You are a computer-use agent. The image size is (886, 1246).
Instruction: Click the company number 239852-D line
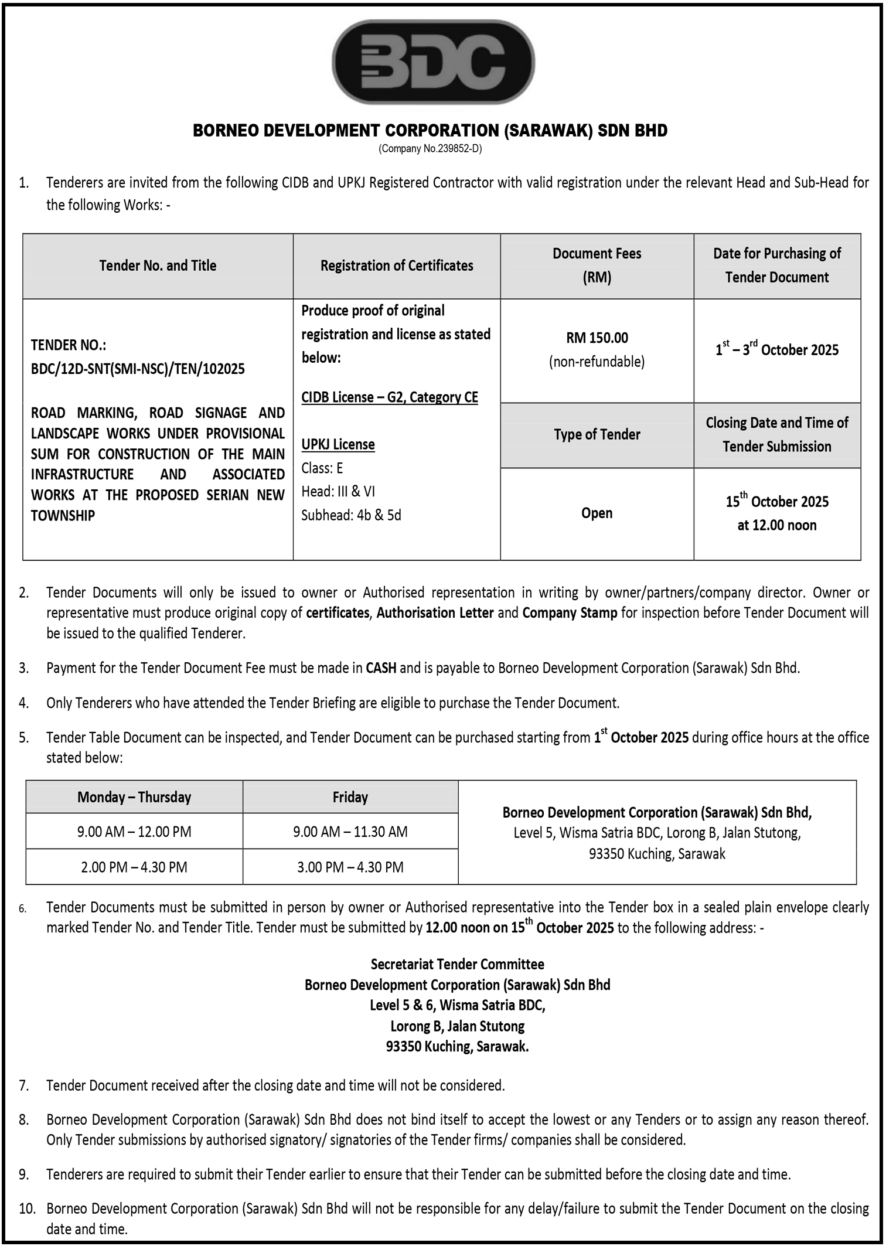pos(430,149)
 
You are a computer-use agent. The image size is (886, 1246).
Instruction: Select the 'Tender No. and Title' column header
pos(158,265)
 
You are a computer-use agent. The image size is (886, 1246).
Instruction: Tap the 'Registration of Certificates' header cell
pos(397,265)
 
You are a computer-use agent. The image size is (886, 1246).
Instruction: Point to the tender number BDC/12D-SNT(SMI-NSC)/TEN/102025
pos(138,369)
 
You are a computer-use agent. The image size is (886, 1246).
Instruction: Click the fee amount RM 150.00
pos(597,338)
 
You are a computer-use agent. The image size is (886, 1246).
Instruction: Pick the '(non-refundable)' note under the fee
pos(597,362)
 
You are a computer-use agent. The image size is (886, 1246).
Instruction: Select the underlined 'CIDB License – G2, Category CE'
pos(390,397)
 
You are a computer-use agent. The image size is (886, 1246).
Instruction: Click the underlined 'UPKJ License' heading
pos(338,444)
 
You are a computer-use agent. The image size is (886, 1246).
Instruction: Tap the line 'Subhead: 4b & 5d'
pos(351,515)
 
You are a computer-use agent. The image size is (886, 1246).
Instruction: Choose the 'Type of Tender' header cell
pos(597,434)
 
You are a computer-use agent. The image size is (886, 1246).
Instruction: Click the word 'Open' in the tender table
pos(597,513)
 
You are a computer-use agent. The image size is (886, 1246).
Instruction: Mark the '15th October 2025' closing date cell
pos(777,502)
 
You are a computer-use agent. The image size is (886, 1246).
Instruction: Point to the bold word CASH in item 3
pos(381,668)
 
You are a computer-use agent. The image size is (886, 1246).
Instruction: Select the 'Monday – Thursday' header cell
pos(134,797)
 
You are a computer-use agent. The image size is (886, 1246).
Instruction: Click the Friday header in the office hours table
pos(350,797)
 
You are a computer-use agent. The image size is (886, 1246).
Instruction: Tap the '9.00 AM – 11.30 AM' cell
pos(350,832)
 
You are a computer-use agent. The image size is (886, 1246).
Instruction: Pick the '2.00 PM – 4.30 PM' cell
pos(134,867)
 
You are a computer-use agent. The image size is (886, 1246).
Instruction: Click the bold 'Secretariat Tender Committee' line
pos(457,964)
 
